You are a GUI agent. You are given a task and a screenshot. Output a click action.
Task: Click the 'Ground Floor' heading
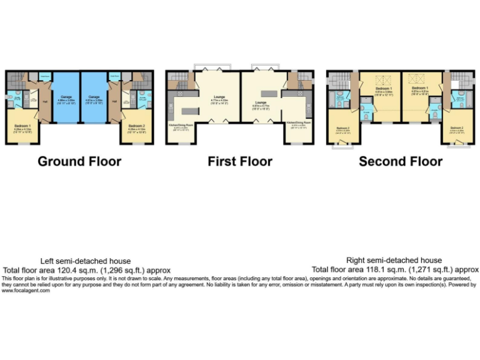click(79, 161)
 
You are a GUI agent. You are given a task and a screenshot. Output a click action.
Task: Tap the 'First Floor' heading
click(240, 161)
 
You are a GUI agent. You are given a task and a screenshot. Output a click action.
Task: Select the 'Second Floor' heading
click(401, 161)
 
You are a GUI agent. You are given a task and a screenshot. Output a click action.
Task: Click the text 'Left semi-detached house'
click(86, 261)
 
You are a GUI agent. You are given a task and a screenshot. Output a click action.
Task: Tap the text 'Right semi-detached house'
click(394, 260)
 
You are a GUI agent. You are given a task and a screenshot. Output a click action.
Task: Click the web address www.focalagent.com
click(26, 290)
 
